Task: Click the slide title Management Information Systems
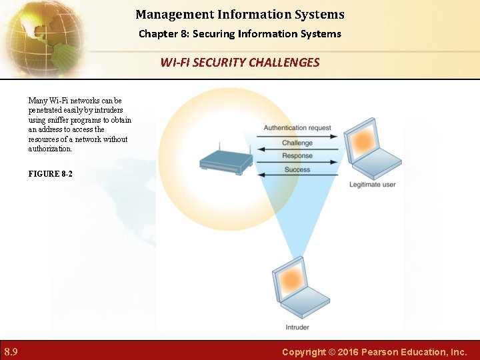[x=240, y=14]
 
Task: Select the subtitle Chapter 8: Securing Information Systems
[x=240, y=33]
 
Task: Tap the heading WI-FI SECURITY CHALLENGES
[x=240, y=63]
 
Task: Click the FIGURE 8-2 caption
[x=51, y=173]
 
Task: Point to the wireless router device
[x=226, y=161]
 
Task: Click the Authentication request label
[x=297, y=128]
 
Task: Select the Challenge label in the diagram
[x=297, y=143]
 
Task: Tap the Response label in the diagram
[x=297, y=156]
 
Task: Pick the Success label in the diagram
[x=297, y=170]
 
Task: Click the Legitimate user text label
[x=372, y=185]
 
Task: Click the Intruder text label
[x=297, y=327]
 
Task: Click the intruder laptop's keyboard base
[x=305, y=305]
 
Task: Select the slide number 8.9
[x=11, y=351]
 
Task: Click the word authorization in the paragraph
[x=50, y=149]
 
